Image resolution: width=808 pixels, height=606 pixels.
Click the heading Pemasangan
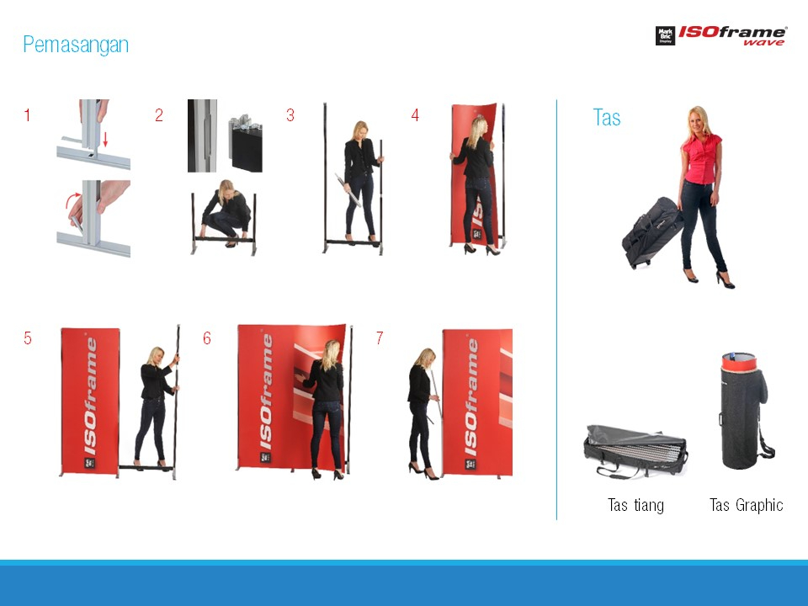[x=76, y=45]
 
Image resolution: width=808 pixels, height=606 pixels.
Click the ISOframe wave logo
[x=721, y=35]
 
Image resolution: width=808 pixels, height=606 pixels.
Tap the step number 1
[x=27, y=115]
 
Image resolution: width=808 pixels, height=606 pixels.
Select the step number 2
[x=159, y=115]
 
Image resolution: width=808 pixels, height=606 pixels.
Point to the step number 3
[x=290, y=115]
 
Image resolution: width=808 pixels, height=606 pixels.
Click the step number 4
[x=415, y=115]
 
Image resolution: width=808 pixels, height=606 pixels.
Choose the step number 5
[x=27, y=338]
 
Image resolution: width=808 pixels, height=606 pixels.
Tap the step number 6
[x=207, y=338]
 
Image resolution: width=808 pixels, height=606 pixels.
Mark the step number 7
[x=380, y=338]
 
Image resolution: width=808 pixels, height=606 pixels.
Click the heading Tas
[x=607, y=118]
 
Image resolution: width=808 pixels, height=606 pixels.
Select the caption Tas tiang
[x=636, y=505]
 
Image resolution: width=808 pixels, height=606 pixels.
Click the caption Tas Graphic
[x=747, y=505]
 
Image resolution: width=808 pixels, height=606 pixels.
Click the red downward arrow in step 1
[x=105, y=139]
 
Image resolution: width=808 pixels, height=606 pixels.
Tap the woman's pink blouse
[x=701, y=158]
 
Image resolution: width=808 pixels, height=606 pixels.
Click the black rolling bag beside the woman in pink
[x=651, y=232]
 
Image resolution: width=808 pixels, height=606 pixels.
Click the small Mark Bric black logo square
[x=665, y=35]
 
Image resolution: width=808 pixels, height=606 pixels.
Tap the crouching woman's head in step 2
[x=226, y=189]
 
